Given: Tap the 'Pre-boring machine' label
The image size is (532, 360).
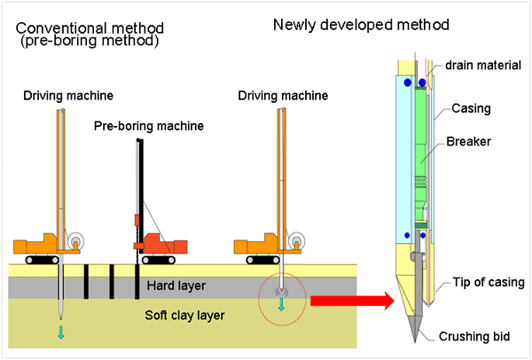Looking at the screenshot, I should (x=148, y=127).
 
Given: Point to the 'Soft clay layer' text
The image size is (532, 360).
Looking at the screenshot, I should (x=187, y=315).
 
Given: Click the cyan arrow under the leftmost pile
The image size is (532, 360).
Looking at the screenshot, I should (x=60, y=333).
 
